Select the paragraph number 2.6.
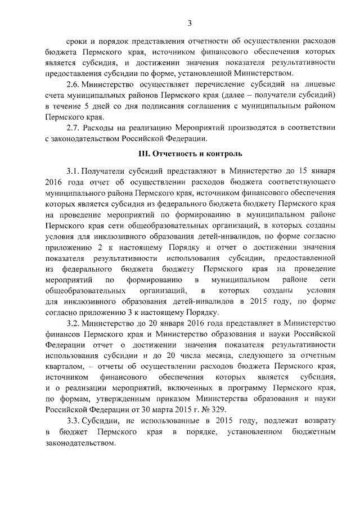[74, 84]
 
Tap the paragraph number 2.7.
[74, 128]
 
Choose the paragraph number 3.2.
[73, 323]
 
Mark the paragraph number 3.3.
[73, 422]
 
